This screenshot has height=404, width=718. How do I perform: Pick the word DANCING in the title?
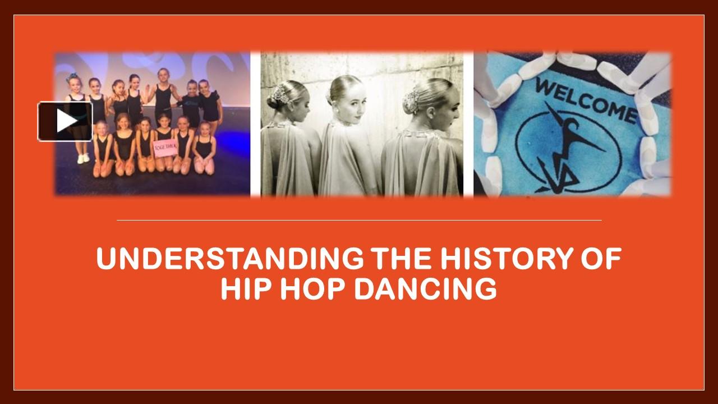pos(426,289)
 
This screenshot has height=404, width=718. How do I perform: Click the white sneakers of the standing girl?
pos(83,158)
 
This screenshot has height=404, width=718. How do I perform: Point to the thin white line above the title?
pos(359,221)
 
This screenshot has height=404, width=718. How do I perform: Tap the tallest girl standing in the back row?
pos(163,95)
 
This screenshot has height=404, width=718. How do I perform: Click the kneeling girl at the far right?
pos(204,149)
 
